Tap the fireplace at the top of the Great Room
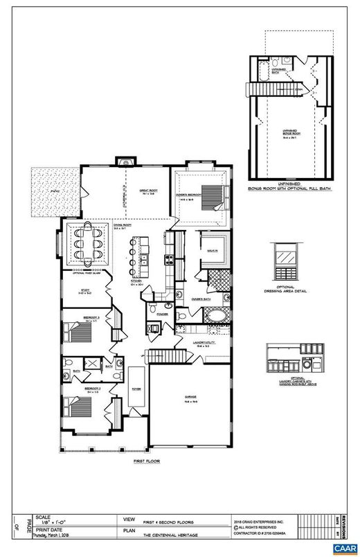124,163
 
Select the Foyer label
137,389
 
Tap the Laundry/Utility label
207,340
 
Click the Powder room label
163,313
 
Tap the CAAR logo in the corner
342,548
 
